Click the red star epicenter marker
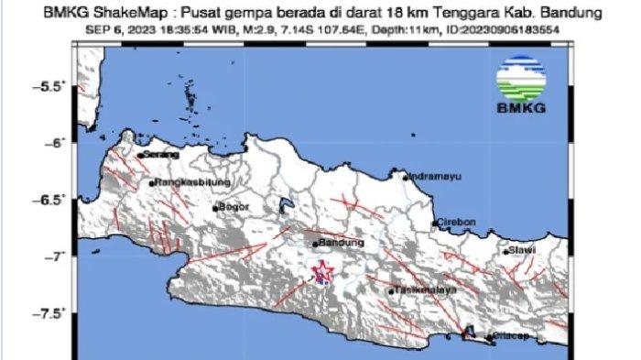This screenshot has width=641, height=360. point(321,271)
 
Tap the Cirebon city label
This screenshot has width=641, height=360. point(457,223)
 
